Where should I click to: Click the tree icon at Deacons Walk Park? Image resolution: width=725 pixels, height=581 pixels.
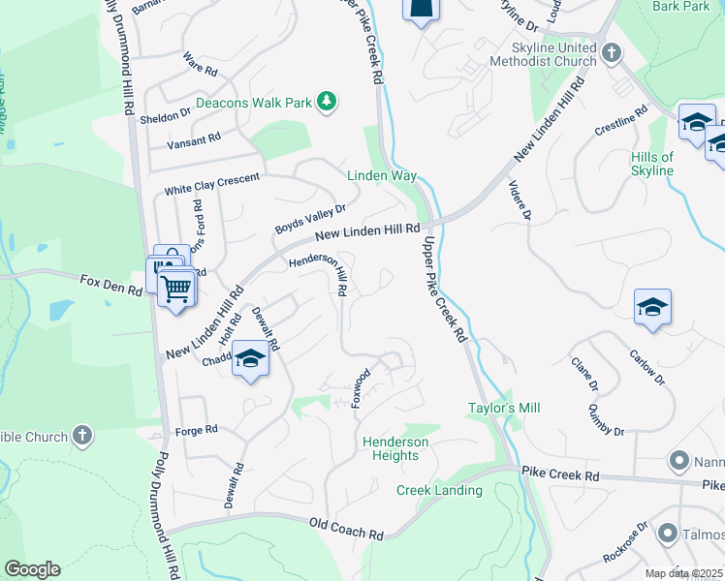[328, 102]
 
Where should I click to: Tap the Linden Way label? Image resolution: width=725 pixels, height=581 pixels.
[382, 175]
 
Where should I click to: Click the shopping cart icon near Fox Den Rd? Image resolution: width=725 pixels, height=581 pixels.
[175, 287]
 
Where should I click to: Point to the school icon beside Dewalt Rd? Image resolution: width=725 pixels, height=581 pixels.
[251, 359]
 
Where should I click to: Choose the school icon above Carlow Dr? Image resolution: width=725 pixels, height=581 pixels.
[653, 308]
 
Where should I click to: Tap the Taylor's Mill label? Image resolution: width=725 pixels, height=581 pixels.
[504, 409]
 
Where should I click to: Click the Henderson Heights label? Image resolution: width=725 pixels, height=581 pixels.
[395, 448]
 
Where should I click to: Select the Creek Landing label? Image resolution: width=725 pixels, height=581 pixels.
[439, 490]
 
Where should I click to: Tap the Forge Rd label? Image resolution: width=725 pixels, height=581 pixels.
[197, 430]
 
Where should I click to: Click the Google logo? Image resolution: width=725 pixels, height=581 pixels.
[32, 569]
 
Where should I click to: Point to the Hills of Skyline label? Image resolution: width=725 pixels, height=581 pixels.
[651, 164]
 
